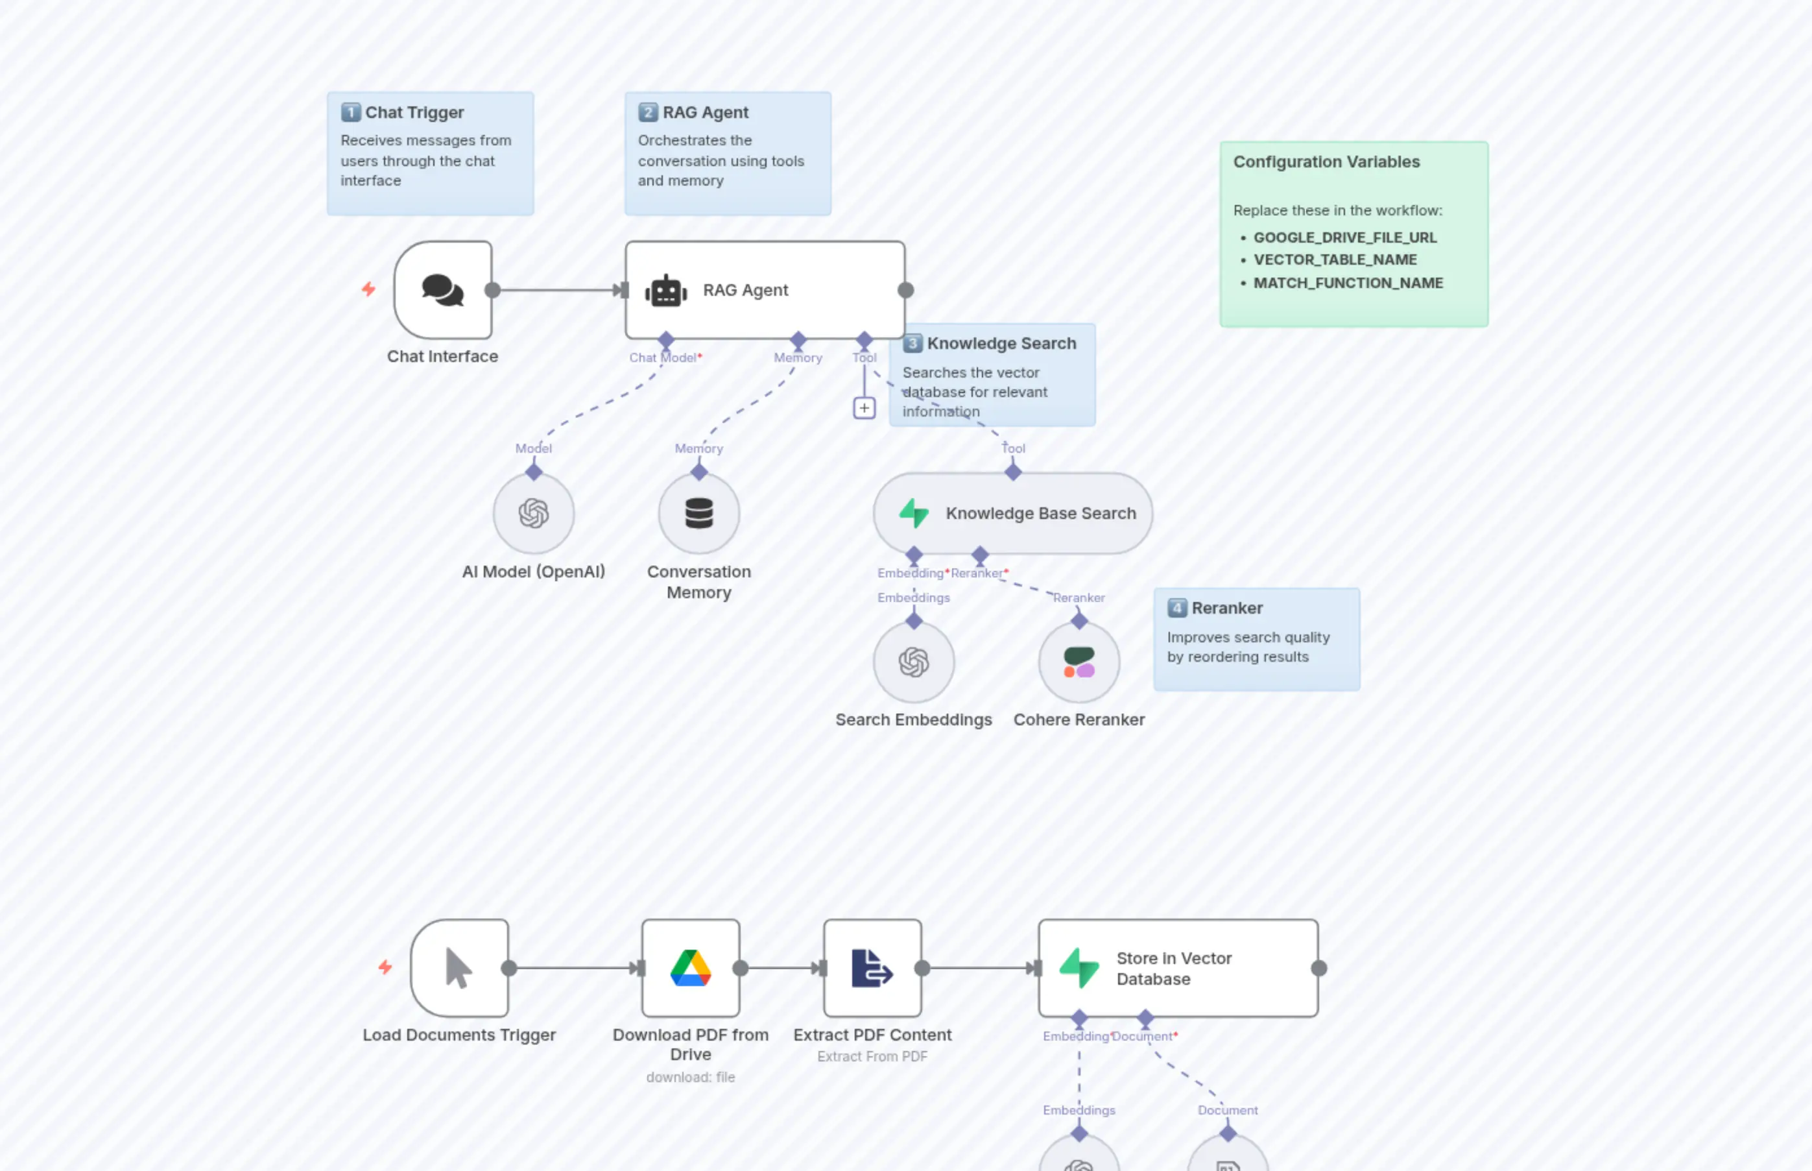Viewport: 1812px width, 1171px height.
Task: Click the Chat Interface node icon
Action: [x=443, y=291]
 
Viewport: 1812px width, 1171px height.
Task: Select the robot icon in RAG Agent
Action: [x=666, y=291]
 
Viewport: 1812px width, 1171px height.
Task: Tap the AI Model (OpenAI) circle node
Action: [x=534, y=513]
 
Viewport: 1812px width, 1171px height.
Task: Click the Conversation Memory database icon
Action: [x=698, y=513]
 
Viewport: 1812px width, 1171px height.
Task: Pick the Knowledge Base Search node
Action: [x=1012, y=513]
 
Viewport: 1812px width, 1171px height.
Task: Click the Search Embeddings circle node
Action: [x=914, y=662]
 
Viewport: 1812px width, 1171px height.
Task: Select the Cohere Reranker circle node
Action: [x=1079, y=662]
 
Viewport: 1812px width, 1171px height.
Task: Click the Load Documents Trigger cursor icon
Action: [x=459, y=968]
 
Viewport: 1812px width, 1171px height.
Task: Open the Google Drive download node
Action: [x=690, y=968]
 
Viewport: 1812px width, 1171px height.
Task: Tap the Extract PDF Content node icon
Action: [x=872, y=968]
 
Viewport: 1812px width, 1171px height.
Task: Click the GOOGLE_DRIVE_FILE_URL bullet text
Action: [x=1344, y=237]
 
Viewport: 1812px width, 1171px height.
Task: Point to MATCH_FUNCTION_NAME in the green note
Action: [x=1348, y=283]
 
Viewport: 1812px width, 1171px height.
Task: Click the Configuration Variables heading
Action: [x=1326, y=162]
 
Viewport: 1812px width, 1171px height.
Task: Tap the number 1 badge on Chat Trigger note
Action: [x=350, y=112]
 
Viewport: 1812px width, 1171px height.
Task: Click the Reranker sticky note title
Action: [x=1227, y=609]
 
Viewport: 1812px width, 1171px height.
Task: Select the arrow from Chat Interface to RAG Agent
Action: [x=558, y=290]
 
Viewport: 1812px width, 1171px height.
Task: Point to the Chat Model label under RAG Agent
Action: [x=662, y=357]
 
